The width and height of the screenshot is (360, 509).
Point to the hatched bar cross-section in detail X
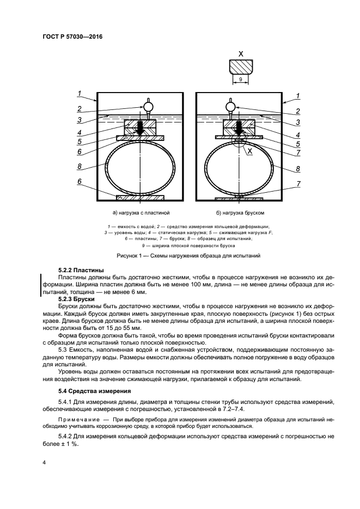tap(240, 66)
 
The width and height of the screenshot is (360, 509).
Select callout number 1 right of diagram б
tap(298, 96)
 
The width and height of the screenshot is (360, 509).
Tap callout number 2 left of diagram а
tap(80, 108)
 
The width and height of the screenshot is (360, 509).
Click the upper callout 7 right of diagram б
tap(298, 154)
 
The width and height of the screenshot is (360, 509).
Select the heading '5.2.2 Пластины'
tap(81, 270)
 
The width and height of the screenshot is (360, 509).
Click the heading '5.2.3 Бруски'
tap(76, 299)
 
